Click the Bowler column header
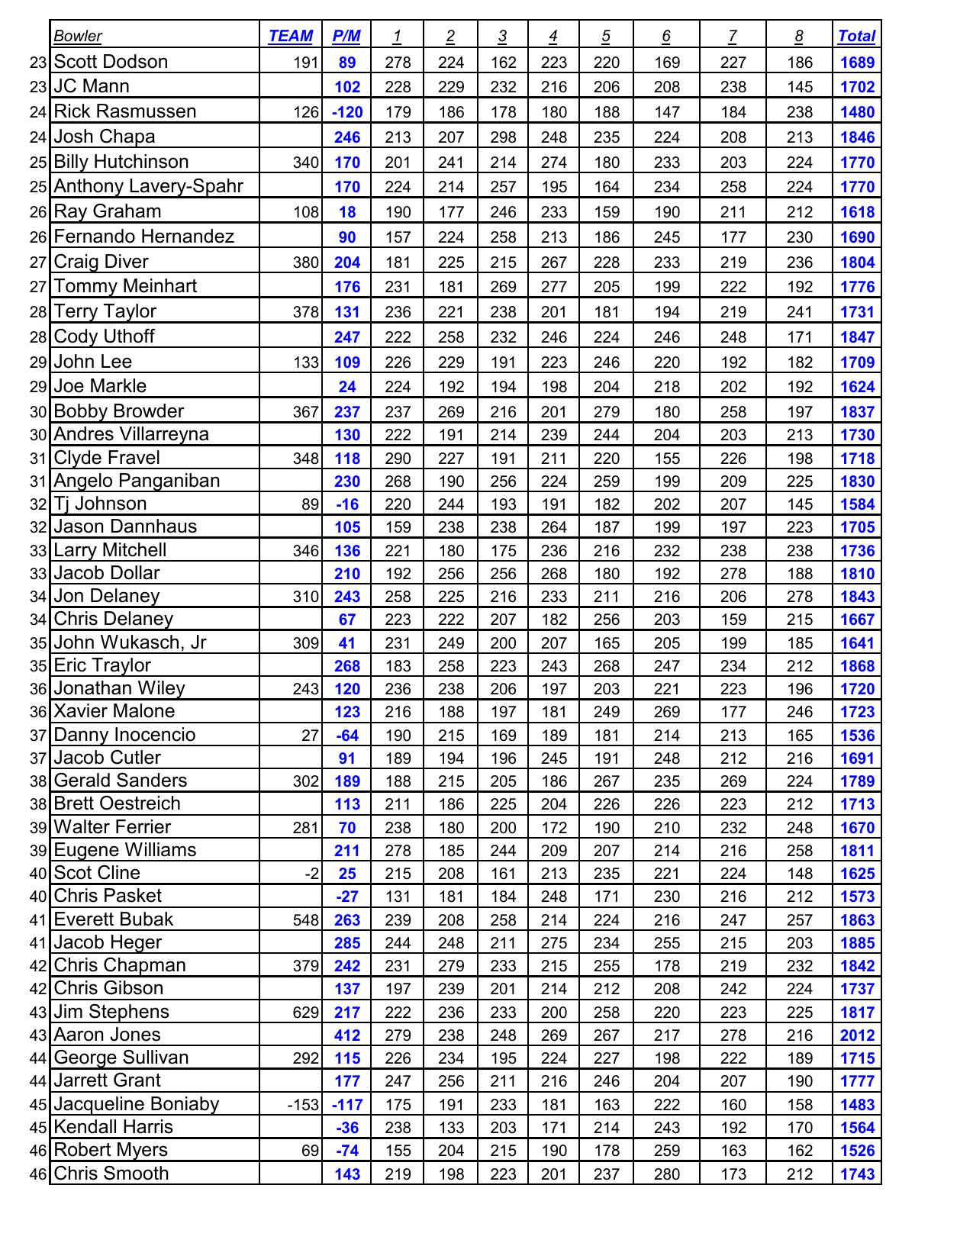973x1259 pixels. pos(78,36)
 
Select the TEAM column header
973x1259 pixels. pos(290,36)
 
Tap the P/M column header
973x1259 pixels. pos(346,36)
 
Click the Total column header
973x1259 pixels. pos(856,36)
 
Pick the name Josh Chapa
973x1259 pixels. pos(105,137)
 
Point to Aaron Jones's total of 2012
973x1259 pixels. pos(857,1035)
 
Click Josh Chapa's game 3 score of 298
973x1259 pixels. pos(503,137)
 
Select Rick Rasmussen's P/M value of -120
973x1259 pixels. pos(347,112)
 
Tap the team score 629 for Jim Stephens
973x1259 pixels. pos(305,1013)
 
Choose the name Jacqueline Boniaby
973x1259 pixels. pos(137,1104)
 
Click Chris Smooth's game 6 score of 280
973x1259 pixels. pos(666,1174)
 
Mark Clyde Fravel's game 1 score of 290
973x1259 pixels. pos(398,459)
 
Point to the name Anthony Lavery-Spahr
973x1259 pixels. pos(149,186)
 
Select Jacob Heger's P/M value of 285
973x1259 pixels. pos(347,943)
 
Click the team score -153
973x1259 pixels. pos(303,1105)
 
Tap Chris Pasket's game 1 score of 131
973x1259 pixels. pos(398,897)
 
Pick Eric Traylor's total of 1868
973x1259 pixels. pos(857,666)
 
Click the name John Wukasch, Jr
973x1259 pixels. pos(130,642)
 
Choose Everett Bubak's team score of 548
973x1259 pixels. pos(305,920)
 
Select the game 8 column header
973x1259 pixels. pos(798,36)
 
